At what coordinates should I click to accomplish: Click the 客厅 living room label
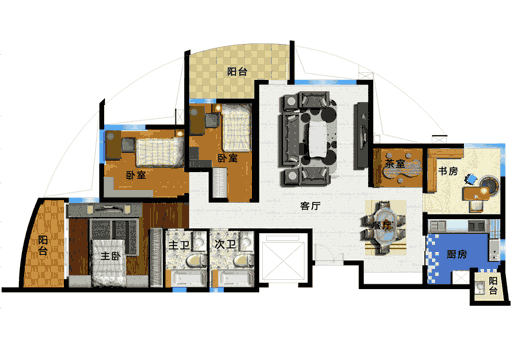(x=310, y=206)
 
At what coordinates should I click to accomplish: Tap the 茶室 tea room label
(x=395, y=164)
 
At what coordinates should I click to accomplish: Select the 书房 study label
(x=448, y=171)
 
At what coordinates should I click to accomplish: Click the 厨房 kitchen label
(x=457, y=254)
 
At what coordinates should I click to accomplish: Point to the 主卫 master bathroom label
(x=179, y=245)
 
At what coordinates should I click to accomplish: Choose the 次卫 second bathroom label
(x=225, y=244)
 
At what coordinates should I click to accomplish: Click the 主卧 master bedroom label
(x=110, y=256)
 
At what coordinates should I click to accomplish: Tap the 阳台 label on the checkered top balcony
(x=237, y=72)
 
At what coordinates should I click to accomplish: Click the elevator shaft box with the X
(x=283, y=257)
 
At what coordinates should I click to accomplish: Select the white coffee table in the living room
(x=318, y=140)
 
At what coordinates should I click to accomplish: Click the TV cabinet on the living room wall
(x=361, y=135)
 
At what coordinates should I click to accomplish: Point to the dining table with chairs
(x=383, y=227)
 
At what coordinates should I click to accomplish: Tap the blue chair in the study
(x=471, y=179)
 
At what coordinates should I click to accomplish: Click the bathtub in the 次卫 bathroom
(x=233, y=278)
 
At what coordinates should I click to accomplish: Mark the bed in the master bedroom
(x=109, y=262)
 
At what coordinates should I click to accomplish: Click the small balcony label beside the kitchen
(x=493, y=286)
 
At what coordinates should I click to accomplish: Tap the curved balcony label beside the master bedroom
(x=43, y=245)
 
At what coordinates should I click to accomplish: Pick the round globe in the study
(x=489, y=184)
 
